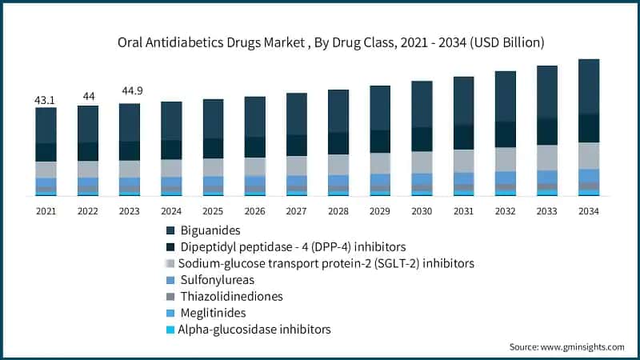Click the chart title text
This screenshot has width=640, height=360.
(x=320, y=41)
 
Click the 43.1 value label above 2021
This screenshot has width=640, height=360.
(x=46, y=100)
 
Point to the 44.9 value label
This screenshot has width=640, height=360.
(x=130, y=90)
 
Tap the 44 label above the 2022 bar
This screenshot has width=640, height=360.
(x=88, y=96)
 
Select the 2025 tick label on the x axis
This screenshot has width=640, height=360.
(x=213, y=211)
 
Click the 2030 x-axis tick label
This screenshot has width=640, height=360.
(x=422, y=211)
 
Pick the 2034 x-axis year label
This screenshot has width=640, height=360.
(x=588, y=211)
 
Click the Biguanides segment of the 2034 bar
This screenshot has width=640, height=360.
(x=589, y=86)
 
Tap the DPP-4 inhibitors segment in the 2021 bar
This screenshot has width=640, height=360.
(x=46, y=152)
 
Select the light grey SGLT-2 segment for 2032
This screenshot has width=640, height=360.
(x=506, y=158)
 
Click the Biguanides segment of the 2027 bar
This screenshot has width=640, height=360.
(x=297, y=114)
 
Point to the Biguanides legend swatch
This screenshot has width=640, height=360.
(x=170, y=230)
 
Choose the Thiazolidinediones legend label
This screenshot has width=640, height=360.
(x=231, y=296)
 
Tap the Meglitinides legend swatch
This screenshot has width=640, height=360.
(x=170, y=313)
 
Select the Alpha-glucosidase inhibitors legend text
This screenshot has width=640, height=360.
(x=254, y=329)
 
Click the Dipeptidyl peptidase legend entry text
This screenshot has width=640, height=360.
(x=293, y=246)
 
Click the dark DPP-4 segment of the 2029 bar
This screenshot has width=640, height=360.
(x=380, y=141)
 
